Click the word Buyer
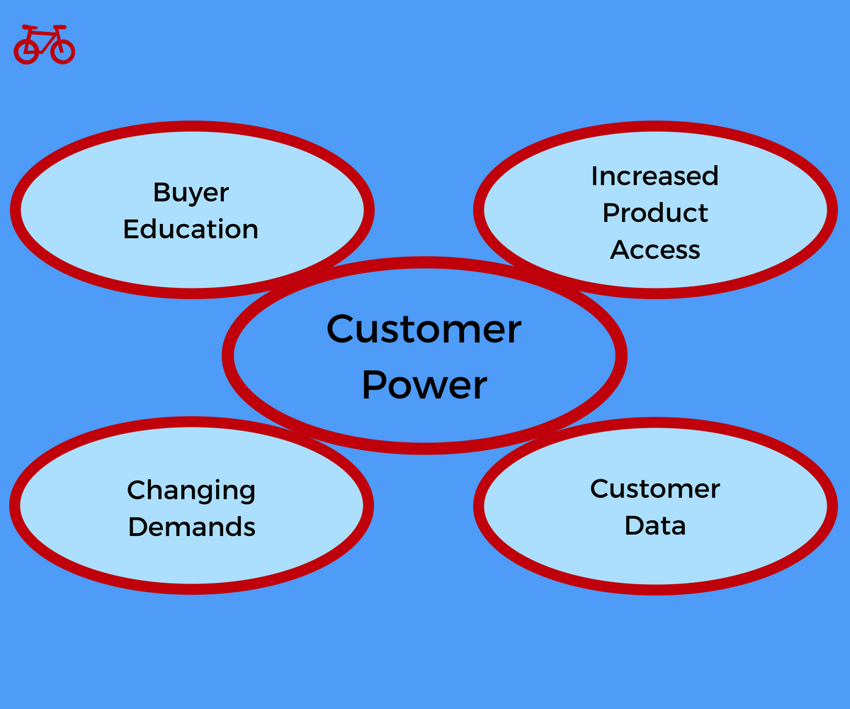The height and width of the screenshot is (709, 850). (191, 193)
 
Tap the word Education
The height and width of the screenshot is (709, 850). (191, 229)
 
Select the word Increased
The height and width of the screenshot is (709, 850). (655, 176)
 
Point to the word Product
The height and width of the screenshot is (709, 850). (655, 213)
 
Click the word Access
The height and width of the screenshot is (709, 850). (655, 250)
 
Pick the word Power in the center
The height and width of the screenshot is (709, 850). (424, 386)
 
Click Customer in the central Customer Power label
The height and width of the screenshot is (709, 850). (424, 329)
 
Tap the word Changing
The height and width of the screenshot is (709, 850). (191, 491)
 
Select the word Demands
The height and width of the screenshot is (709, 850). (192, 527)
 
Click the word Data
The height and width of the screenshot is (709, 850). (655, 525)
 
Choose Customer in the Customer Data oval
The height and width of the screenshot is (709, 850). (655, 489)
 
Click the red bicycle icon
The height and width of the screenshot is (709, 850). (45, 45)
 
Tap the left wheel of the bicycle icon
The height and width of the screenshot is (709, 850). (26, 51)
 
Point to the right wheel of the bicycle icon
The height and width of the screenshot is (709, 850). (63, 51)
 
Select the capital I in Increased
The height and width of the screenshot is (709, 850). (594, 176)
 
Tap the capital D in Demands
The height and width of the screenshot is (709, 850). (138, 527)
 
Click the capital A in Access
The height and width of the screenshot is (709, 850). (620, 250)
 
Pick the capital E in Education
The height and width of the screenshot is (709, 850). (131, 229)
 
